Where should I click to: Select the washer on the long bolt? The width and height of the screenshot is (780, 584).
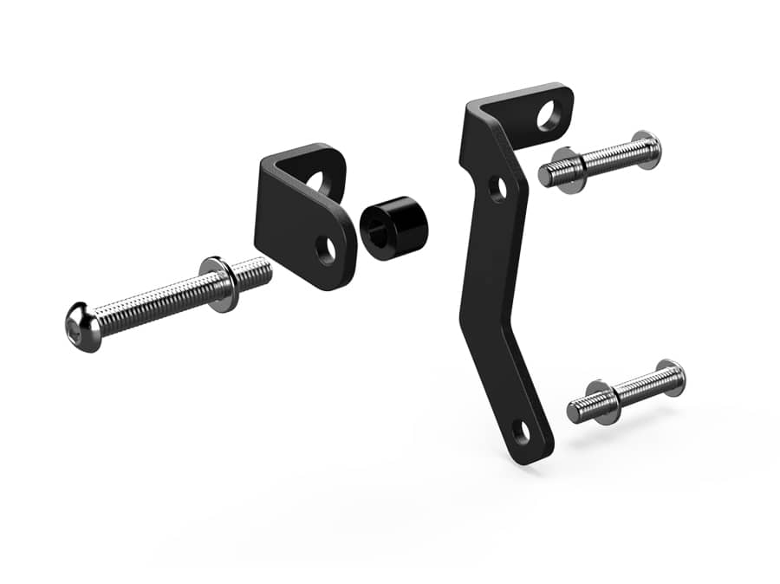coord(221,283)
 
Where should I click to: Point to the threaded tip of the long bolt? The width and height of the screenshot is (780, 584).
coord(260,273)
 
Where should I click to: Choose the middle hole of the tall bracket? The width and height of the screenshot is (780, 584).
coord(498,188)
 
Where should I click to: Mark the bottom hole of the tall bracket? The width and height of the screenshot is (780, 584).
coord(521,431)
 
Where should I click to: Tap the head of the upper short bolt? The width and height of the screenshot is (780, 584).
coord(646,149)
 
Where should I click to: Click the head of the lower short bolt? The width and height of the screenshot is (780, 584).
coord(670,377)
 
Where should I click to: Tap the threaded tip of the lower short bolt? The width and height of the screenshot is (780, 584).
coord(577,410)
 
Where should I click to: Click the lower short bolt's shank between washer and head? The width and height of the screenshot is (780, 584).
coord(637,388)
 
